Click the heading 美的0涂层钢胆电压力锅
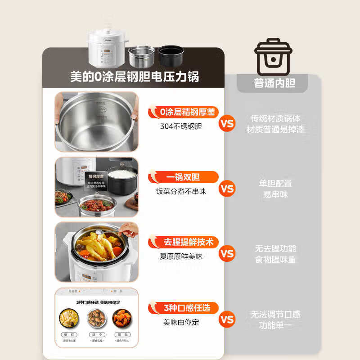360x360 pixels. click(x=134, y=76)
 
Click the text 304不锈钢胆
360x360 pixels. click(x=181, y=126)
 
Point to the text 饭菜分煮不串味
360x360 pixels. click(x=181, y=191)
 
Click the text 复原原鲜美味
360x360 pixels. click(x=181, y=256)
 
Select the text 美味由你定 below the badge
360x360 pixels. click(x=181, y=322)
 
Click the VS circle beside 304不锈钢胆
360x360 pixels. click(x=228, y=123)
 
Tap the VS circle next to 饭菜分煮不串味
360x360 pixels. click(x=228, y=189)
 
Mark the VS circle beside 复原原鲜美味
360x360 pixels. click(x=228, y=254)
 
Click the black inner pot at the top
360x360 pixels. click(x=171, y=56)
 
